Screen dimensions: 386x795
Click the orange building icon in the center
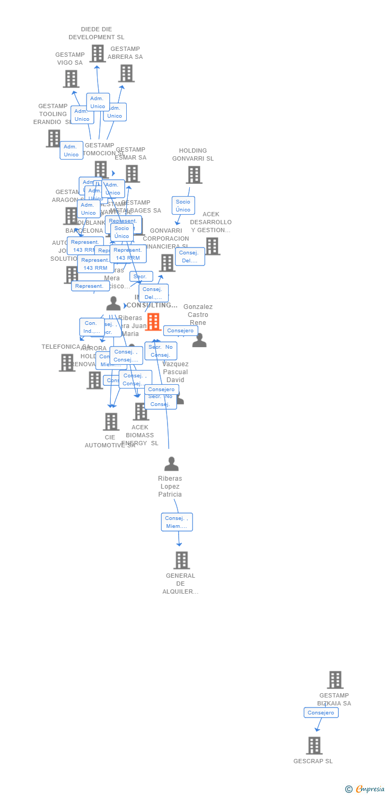coord(153,322)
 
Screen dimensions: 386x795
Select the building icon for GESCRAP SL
coord(314,745)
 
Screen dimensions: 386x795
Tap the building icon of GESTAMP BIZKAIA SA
coord(335,679)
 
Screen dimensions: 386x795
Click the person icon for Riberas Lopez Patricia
coord(171,464)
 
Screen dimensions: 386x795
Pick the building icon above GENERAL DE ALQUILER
coord(181,560)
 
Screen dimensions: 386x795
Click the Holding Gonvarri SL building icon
coord(194,175)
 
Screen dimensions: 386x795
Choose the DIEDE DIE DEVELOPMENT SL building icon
coord(98,54)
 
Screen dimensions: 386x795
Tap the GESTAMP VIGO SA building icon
coord(71,79)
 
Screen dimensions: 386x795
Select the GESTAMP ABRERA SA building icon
coord(126,74)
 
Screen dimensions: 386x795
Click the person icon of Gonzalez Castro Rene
coord(199,340)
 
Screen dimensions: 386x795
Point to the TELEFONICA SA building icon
coord(67,363)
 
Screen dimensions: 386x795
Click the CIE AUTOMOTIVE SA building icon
coord(111,422)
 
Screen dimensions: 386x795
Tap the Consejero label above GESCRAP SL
coord(321,713)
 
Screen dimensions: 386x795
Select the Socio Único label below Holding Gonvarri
coord(183,206)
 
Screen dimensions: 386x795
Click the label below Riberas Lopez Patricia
coord(177,522)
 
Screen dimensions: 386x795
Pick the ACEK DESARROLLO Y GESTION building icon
coord(212,246)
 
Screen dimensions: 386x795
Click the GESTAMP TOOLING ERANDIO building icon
coord(54,139)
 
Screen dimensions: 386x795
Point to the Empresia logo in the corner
coord(365,789)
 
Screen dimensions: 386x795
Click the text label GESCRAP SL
coord(313,761)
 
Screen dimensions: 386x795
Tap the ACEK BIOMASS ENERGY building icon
coord(141,411)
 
